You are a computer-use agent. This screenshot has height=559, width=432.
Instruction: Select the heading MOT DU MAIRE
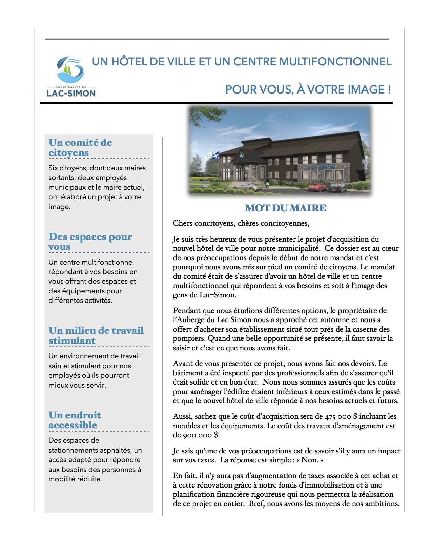click(285, 208)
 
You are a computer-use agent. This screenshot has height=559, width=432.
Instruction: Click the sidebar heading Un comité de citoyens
click(80, 147)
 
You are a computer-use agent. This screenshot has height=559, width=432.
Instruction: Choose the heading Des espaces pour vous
click(90, 241)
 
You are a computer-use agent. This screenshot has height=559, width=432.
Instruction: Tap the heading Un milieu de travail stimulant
click(96, 335)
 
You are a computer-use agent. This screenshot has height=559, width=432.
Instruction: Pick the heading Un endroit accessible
click(75, 420)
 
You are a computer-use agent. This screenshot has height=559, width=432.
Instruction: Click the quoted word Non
click(309, 460)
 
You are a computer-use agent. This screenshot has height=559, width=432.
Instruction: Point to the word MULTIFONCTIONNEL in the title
click(335, 62)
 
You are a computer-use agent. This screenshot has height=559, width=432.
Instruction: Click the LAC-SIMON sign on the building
click(322, 167)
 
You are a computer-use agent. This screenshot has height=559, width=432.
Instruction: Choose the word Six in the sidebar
click(53, 168)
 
